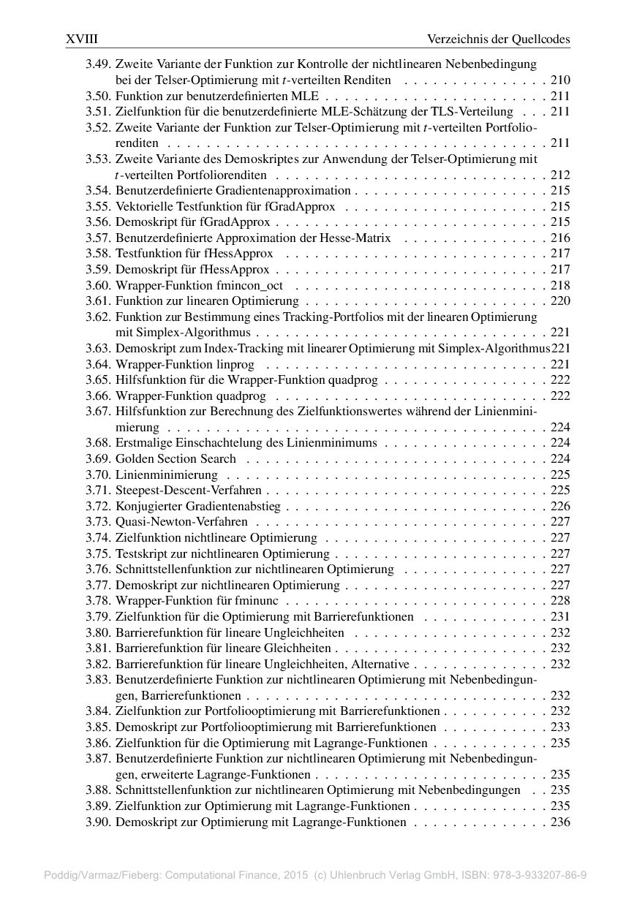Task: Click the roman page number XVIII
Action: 82,39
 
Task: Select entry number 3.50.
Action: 99,96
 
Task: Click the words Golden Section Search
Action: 176,458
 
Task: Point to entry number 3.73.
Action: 99,521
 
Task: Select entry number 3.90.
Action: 99,822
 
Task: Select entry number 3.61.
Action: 99,300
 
